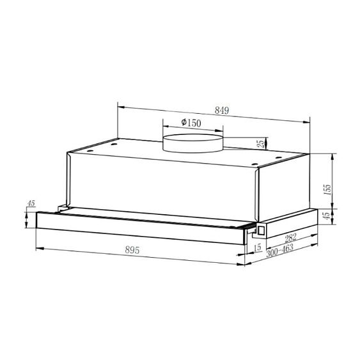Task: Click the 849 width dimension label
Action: point(221,111)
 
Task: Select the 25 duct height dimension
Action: point(260,144)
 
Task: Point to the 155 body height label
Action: point(327,190)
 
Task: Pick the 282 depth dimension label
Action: point(292,240)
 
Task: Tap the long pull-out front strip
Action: point(141,224)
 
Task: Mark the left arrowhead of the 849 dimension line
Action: point(120,104)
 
